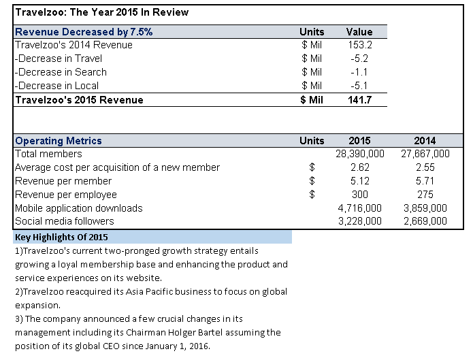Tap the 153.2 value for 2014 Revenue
tap(359, 45)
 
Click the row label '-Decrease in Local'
tap(57, 86)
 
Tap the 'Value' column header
tap(359, 31)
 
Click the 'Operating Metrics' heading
tap(59, 141)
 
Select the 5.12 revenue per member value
tap(359, 181)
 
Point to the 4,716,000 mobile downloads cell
tap(359, 208)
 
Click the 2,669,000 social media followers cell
tap(424, 221)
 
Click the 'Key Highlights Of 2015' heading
tap(61, 237)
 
